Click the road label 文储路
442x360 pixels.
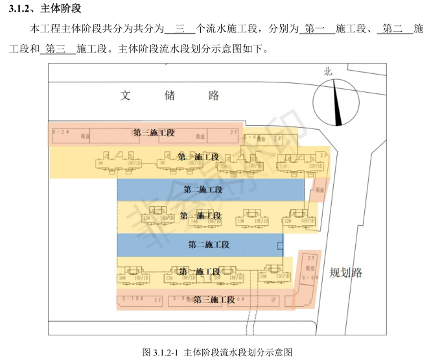170,96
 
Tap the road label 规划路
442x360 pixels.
345,272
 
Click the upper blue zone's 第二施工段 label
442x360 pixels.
203,190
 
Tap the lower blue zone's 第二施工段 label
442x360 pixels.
209,245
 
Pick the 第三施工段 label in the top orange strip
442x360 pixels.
154,133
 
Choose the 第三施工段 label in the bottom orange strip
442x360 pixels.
214,300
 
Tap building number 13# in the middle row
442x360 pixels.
240,222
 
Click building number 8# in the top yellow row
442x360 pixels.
100,163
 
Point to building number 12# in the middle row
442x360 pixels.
286,222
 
